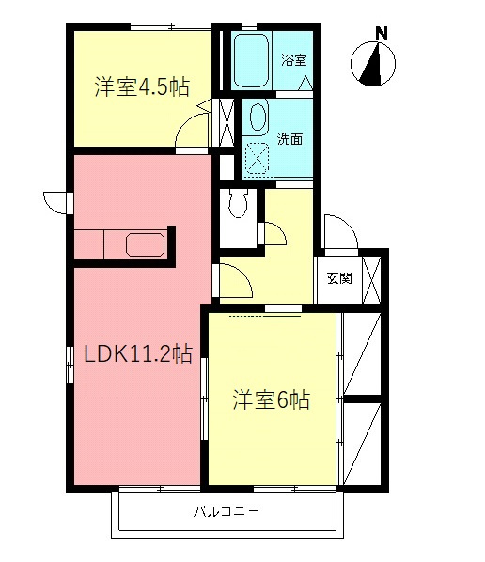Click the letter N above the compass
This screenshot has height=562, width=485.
tap(382, 33)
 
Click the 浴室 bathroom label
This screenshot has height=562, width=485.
tap(294, 61)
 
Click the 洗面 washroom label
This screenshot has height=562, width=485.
tap(289, 139)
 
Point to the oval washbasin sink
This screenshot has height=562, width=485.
tap(257, 117)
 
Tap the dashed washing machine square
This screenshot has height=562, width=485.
tap(257, 157)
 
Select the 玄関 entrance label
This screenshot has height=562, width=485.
tap(339, 279)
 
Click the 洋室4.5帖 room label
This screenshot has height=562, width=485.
tap(141, 87)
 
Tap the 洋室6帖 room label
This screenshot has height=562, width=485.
tap(272, 399)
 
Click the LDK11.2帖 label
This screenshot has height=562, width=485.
tap(138, 354)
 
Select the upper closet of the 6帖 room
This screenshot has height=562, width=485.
tap(363, 354)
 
